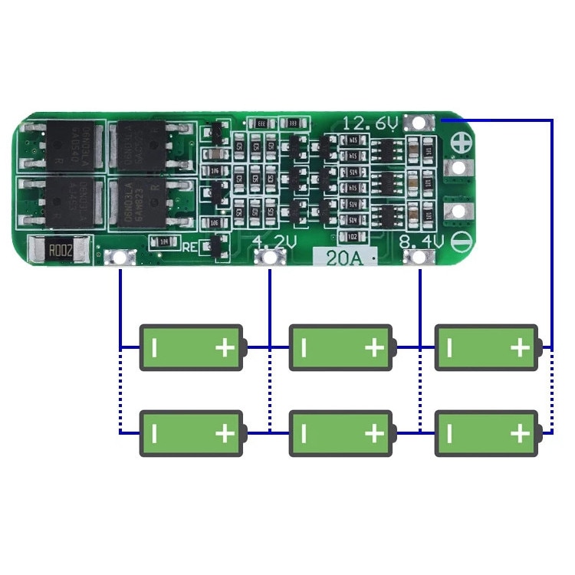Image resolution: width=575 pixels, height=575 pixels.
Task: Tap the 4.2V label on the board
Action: coord(274,242)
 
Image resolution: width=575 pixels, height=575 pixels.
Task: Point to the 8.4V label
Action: coord(422,242)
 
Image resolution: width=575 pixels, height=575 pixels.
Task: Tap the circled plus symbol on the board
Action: coord(461,143)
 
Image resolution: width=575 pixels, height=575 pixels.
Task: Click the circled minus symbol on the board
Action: coord(461,243)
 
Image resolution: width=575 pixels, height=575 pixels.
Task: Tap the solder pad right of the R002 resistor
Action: coord(120,258)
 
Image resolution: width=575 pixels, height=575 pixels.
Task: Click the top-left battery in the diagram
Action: coord(193,347)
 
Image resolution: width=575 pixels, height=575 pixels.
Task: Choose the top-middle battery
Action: coord(342,347)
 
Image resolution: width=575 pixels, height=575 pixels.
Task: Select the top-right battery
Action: coord(488,347)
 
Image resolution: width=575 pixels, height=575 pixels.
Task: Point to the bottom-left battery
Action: coord(193,433)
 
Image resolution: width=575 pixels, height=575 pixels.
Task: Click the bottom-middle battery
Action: coord(342,433)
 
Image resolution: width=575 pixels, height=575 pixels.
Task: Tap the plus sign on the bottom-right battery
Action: coord(519,434)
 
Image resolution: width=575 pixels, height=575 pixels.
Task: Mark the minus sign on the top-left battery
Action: coord(154,348)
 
